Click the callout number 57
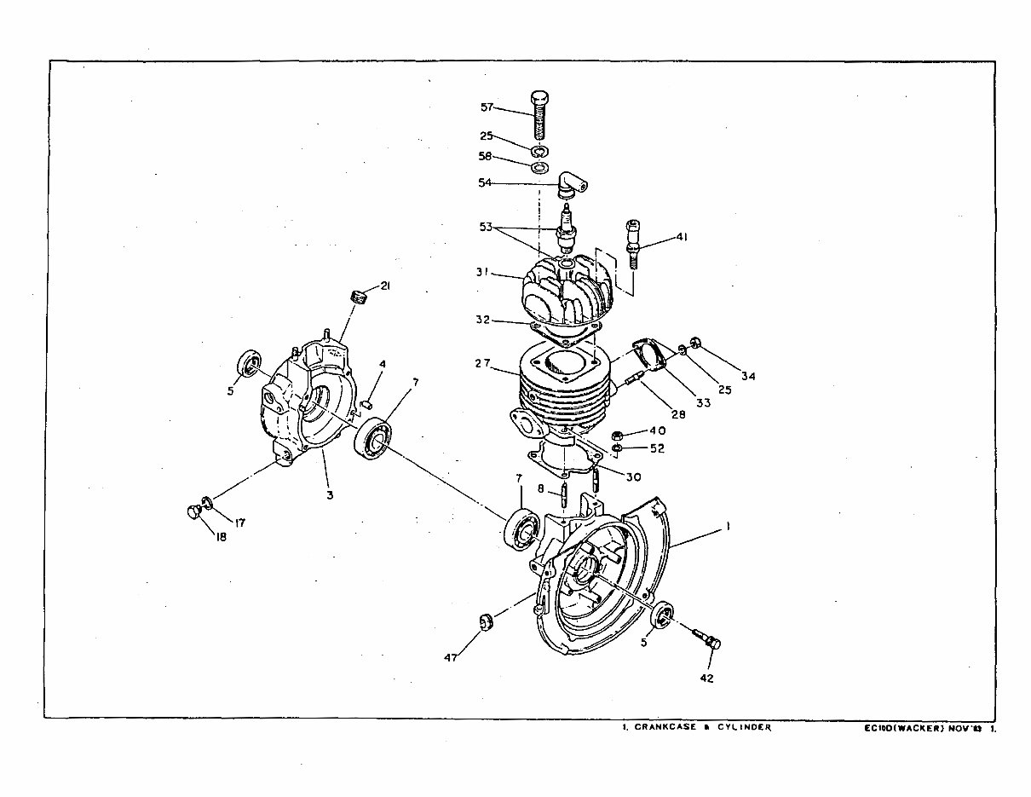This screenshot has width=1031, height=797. (487, 107)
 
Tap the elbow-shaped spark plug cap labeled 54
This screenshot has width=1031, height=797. (570, 182)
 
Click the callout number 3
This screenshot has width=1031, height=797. (329, 494)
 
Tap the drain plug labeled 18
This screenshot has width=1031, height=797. (192, 512)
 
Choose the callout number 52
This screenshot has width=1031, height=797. (657, 448)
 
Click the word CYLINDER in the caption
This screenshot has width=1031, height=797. (744, 728)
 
